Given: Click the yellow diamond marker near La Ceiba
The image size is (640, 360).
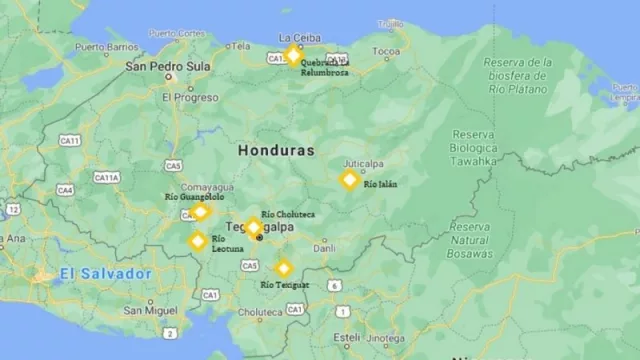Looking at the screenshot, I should click(293, 55).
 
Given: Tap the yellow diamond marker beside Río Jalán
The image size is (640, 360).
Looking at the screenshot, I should click(349, 180).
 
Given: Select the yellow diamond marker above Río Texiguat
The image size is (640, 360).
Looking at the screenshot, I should click(284, 268).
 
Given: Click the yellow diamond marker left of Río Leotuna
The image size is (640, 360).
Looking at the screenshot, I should click(198, 240).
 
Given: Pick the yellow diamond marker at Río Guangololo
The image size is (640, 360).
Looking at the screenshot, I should click(200, 211).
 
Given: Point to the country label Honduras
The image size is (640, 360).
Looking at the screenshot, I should click(276, 150).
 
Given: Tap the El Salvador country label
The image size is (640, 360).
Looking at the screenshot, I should click(105, 274).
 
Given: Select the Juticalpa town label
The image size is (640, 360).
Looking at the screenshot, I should click(364, 163).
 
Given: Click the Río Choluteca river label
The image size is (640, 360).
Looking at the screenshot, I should click(288, 214).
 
